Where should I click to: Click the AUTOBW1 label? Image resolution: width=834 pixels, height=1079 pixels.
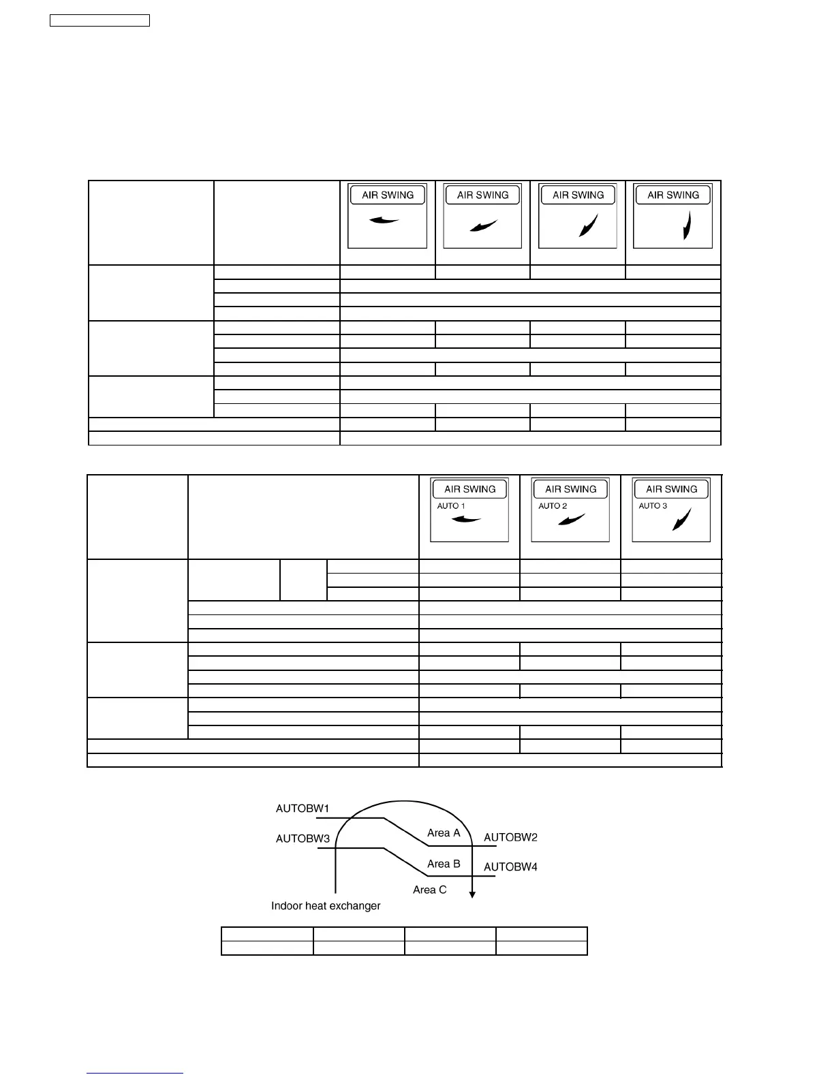tap(303, 809)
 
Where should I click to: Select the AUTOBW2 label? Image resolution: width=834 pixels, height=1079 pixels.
tap(510, 837)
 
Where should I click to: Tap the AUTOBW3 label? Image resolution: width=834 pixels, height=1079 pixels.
tap(303, 839)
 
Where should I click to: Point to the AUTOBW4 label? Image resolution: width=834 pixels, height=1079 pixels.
tap(510, 867)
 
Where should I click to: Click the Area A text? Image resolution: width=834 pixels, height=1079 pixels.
tap(444, 832)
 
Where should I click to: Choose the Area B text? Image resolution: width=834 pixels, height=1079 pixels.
tap(444, 864)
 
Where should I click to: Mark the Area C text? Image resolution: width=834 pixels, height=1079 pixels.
tap(430, 890)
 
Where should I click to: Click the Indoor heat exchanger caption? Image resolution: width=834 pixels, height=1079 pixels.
tap(326, 905)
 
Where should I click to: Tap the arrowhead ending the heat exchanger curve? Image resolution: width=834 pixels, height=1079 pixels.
tap(472, 894)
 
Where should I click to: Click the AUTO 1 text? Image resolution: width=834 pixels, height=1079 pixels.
tap(451, 506)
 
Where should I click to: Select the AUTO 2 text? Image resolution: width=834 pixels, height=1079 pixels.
tap(553, 506)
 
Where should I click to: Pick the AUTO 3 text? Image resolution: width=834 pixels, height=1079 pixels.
tap(653, 506)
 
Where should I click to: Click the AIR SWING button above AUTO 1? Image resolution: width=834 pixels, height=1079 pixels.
tap(469, 489)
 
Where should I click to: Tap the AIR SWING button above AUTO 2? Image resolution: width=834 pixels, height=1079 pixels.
tap(570, 489)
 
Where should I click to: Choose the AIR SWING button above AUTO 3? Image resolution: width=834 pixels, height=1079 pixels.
tap(671, 489)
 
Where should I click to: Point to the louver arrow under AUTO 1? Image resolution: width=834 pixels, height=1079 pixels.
tap(467, 520)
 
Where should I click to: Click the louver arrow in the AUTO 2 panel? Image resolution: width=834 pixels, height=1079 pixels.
tap(571, 520)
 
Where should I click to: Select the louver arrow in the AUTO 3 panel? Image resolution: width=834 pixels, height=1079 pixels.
tap(681, 519)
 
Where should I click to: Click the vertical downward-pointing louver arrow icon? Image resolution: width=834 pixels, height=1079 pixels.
tap(688, 225)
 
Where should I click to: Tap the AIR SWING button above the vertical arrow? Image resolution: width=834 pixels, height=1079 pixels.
tap(673, 195)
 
